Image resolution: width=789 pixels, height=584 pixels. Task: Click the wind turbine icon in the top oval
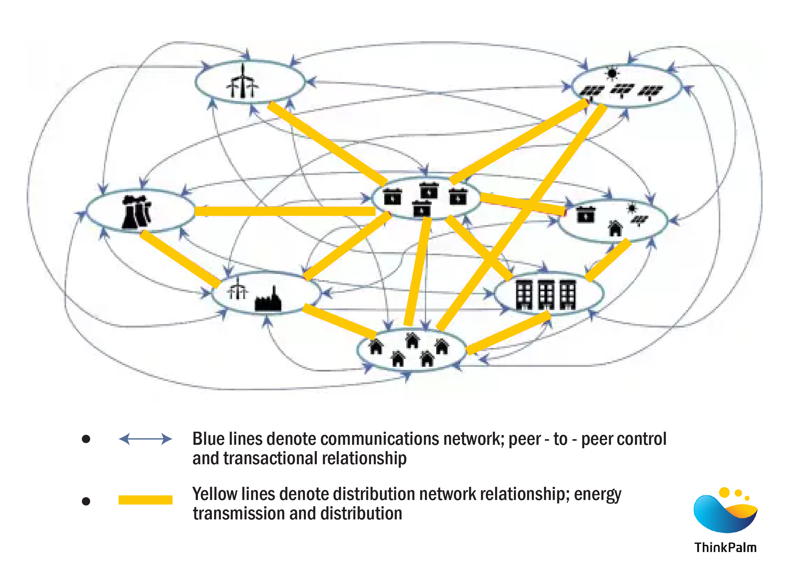243,82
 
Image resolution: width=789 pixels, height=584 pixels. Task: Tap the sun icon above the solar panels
612,74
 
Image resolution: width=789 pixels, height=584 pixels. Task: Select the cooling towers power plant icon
136,212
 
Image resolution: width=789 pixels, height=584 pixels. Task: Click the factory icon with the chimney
268,300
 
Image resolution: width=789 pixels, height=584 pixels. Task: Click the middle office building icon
546,294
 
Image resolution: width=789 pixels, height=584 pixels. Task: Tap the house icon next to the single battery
615,228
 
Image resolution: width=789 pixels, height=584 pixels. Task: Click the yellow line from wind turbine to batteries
327,143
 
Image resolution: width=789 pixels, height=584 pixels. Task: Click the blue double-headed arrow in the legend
146,439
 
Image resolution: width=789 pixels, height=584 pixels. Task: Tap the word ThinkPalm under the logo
725,547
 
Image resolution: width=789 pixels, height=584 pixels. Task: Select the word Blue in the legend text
208,439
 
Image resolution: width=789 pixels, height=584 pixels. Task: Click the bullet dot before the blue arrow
86,439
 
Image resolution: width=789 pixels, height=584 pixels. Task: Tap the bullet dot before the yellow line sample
86,501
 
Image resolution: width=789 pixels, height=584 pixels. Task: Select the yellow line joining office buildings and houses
509,333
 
